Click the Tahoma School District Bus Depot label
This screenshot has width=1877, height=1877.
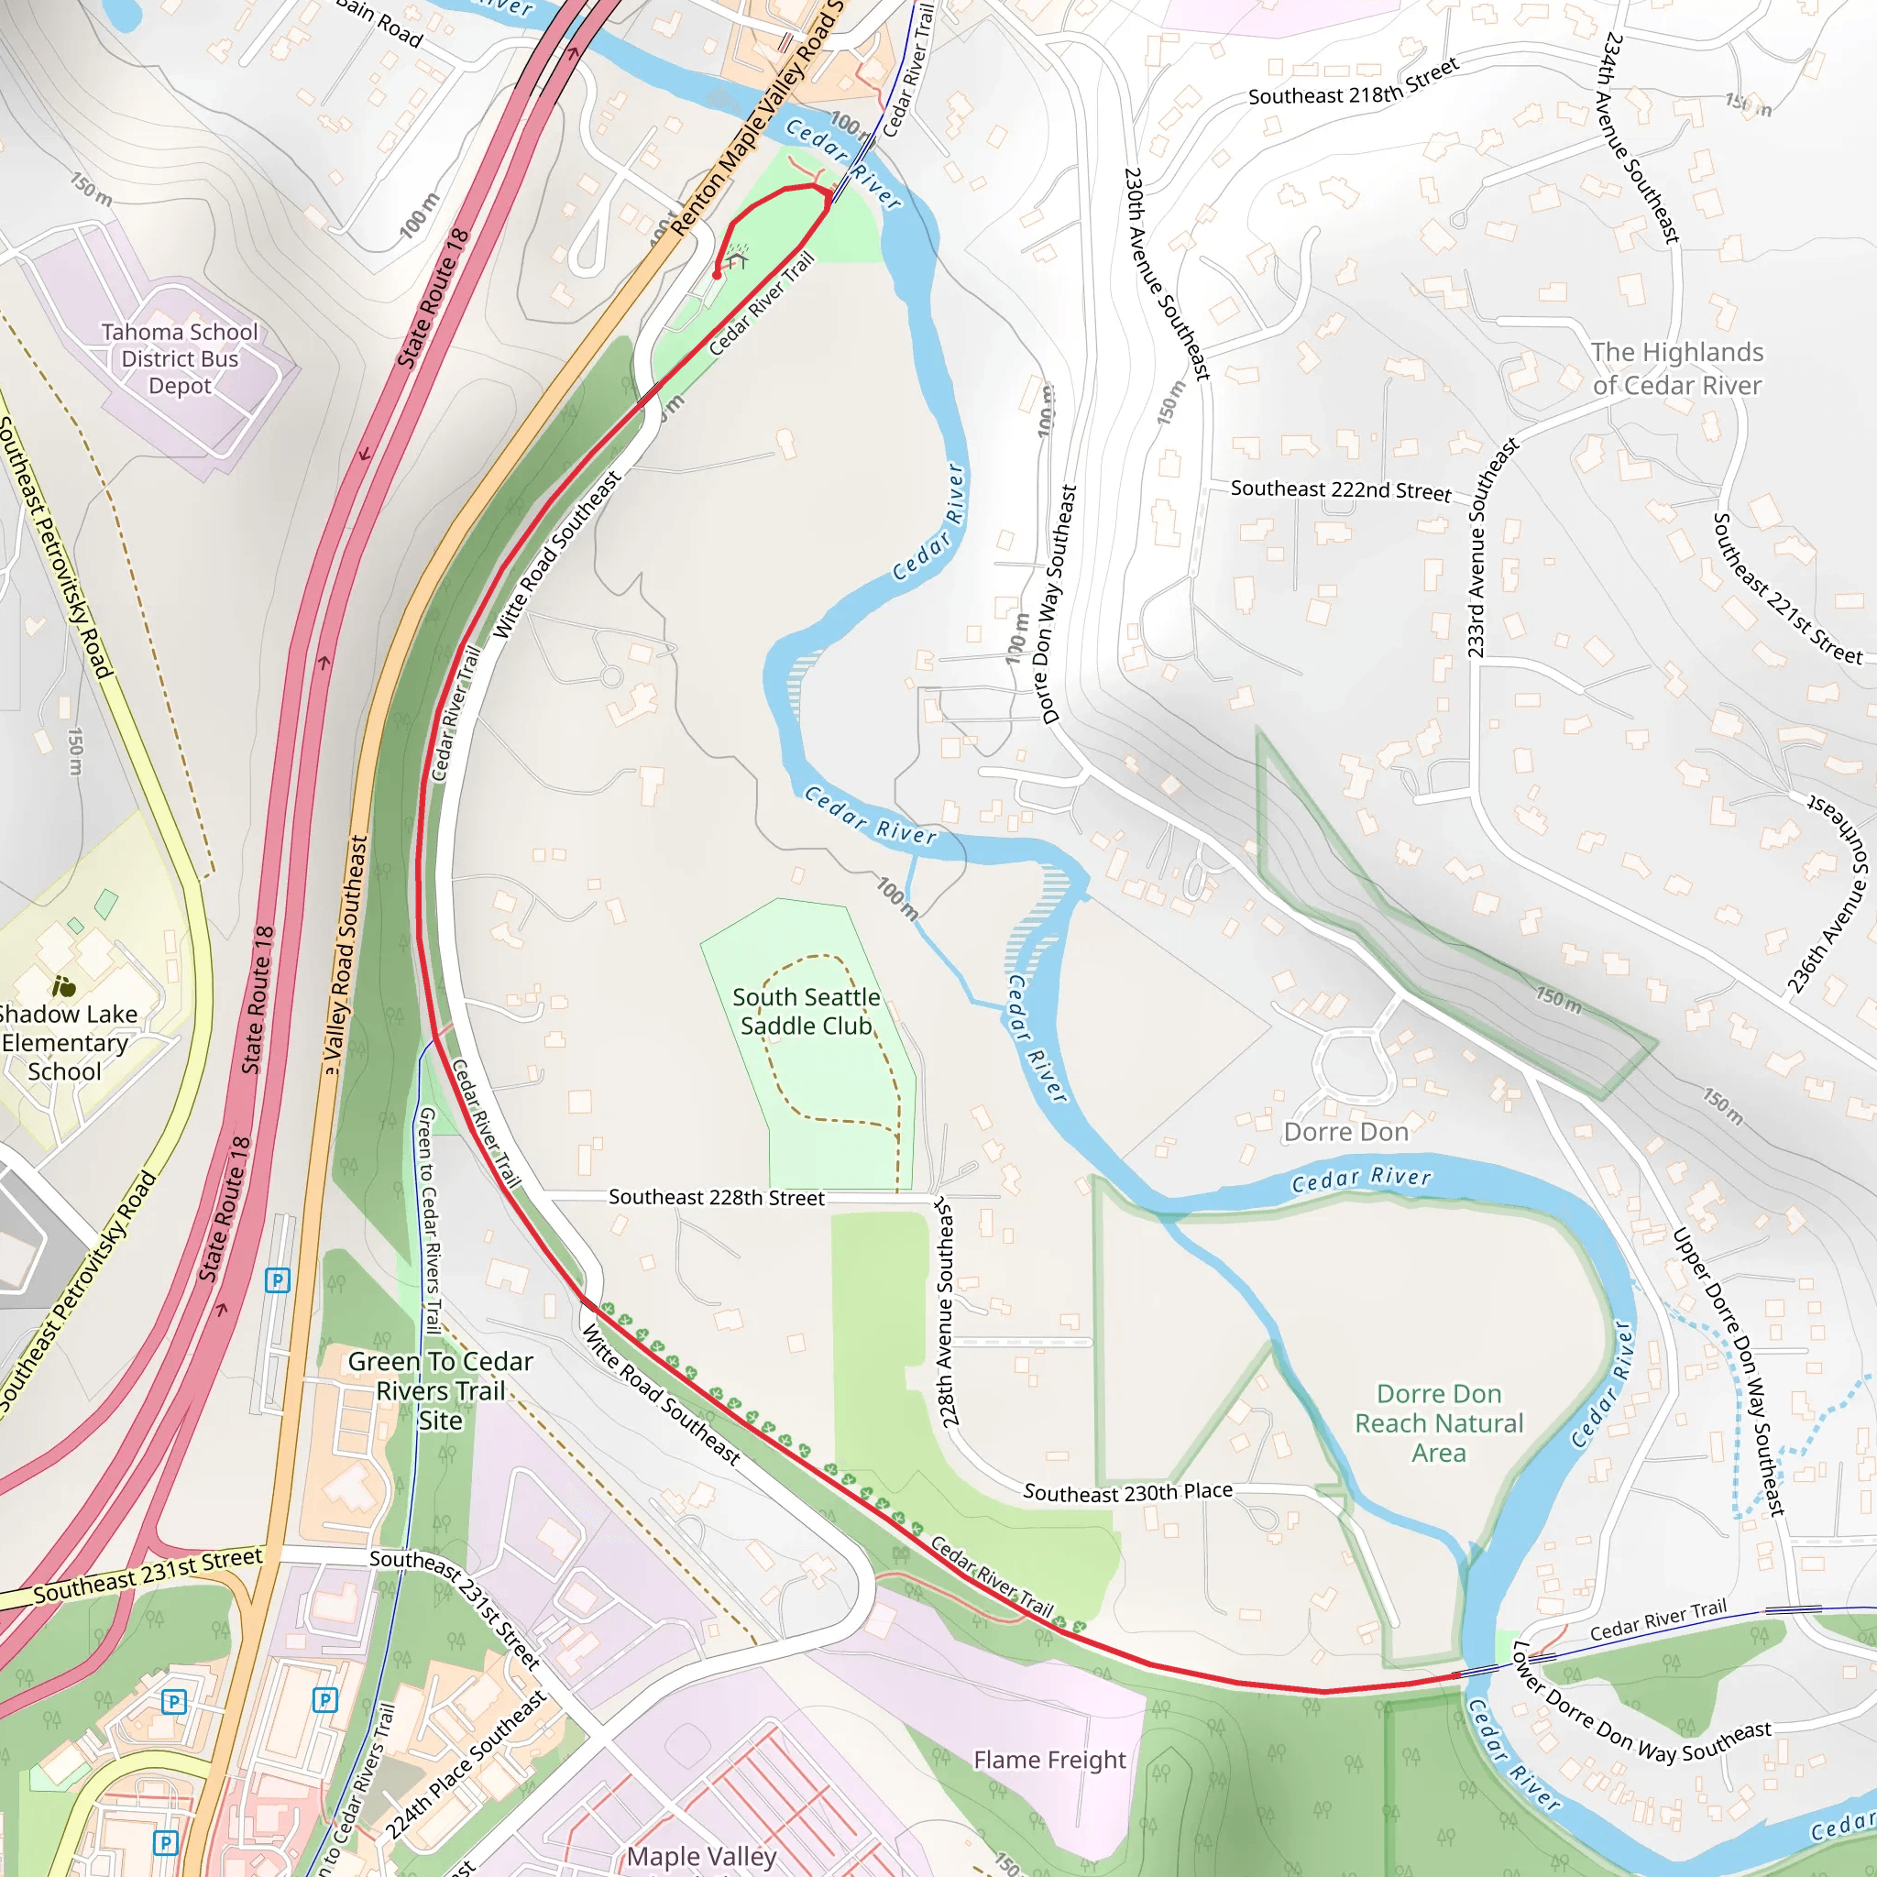point(180,358)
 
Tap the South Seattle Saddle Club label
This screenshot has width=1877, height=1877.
point(806,1012)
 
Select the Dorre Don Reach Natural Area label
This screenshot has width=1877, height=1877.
point(1439,1423)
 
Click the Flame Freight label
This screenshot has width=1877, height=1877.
point(1049,1760)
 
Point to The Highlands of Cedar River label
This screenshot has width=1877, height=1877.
point(1676,368)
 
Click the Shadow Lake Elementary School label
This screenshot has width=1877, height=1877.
point(65,1042)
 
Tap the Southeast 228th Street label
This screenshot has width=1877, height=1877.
point(716,1197)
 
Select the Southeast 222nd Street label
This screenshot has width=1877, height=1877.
point(1341,489)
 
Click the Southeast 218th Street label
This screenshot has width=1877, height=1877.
point(1354,82)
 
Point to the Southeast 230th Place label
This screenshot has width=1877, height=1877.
point(1127,1491)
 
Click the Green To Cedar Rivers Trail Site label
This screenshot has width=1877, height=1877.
point(440,1390)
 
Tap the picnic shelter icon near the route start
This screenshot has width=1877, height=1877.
point(738,257)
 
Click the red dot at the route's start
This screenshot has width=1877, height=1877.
point(717,276)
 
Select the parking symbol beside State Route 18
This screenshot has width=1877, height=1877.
point(278,1279)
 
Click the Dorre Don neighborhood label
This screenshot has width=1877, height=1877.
point(1345,1132)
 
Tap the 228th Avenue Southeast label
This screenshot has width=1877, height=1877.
point(948,1312)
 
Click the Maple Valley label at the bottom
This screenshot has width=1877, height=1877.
point(700,1856)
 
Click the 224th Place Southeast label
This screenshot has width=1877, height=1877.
point(467,1765)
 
